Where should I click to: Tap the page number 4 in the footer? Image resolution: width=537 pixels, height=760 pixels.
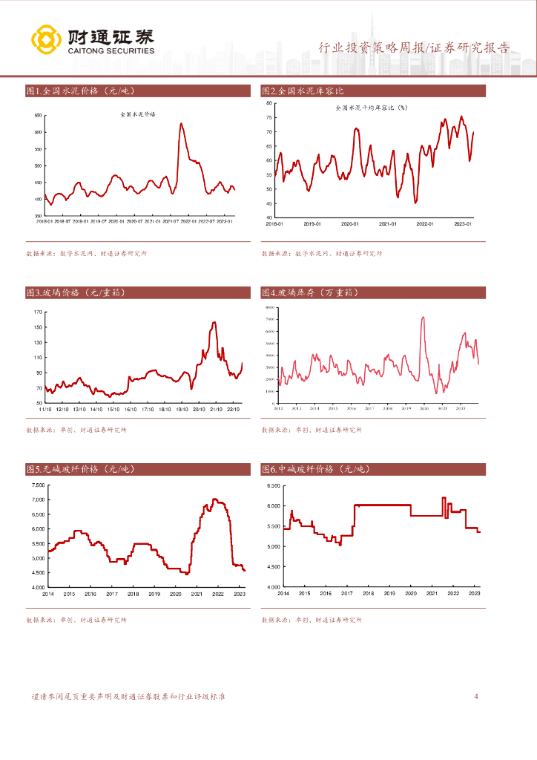coord(476,696)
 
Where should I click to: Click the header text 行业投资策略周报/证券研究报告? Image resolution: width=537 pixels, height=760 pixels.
coord(414,48)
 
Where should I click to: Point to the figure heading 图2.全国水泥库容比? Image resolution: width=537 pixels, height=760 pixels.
coord(303,91)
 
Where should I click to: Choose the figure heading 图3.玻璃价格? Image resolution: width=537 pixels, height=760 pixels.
coord(75,293)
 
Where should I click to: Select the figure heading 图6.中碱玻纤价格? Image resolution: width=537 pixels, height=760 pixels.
coord(315,469)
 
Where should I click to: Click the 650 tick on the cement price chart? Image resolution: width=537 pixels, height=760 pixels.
coord(37,116)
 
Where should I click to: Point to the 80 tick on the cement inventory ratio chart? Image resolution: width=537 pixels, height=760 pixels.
coord(268,103)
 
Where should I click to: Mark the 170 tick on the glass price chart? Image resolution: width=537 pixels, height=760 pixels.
coord(39,311)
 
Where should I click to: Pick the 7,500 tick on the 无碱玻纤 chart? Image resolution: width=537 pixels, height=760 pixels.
coord(38,485)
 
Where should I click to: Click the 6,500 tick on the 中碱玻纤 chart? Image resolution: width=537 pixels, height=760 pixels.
coord(272,485)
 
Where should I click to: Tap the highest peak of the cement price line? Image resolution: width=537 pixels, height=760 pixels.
coord(182,123)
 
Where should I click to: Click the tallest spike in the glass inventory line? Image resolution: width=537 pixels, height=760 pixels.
coord(423,318)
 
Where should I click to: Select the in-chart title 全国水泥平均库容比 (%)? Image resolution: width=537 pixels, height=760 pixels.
coord(372,108)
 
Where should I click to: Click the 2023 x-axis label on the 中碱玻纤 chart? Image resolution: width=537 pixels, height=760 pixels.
coord(475,593)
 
